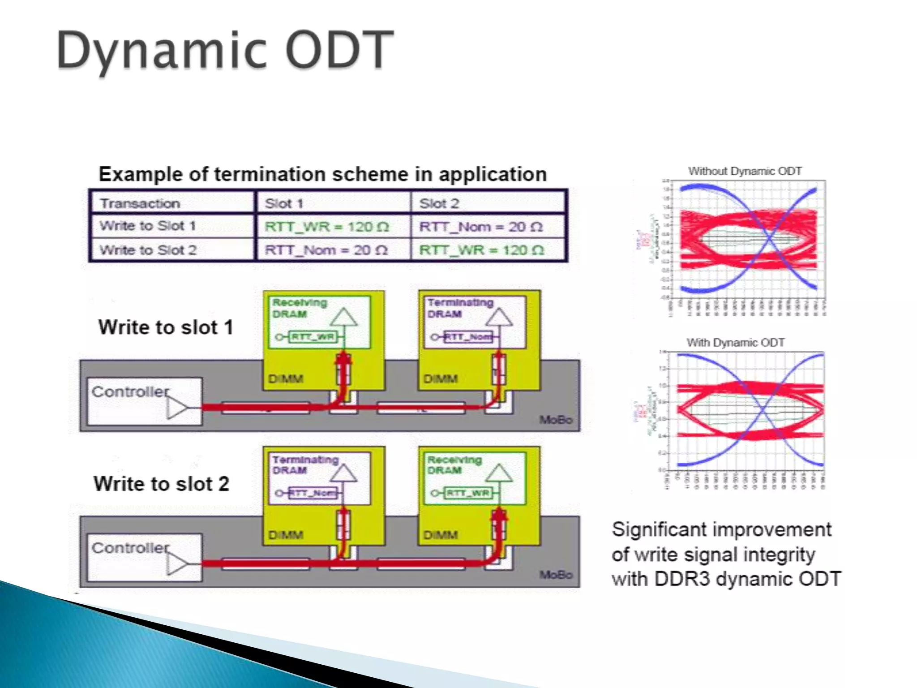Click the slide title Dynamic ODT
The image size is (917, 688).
pos(225,50)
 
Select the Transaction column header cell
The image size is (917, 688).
pos(140,203)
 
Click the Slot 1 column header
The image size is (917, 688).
pos(284,203)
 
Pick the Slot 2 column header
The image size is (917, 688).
pos(439,203)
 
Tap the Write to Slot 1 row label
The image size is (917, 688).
pos(148,226)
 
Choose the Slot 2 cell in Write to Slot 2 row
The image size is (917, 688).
pos(481,250)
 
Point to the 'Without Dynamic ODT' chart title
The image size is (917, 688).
pos(745,171)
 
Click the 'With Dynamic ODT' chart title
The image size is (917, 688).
pos(735,343)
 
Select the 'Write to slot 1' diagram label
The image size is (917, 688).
pos(166,327)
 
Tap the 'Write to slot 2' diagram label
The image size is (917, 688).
pos(161,484)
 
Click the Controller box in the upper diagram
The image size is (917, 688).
pos(144,401)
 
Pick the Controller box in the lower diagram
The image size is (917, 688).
pos(144,557)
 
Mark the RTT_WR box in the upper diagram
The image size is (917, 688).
pos(313,337)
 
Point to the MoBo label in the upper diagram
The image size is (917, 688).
pos(556,420)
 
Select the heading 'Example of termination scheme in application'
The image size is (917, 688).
pos(322,174)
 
